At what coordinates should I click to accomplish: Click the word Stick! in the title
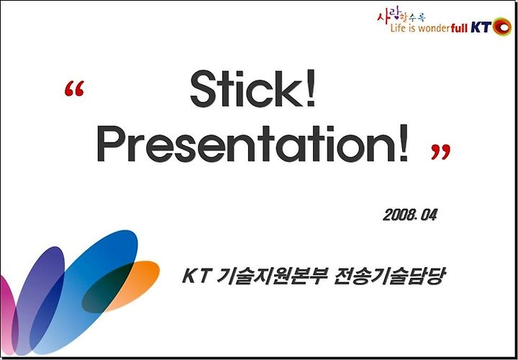click(253, 89)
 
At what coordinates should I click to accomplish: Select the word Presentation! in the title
click(253, 143)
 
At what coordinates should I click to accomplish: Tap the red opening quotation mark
click(74, 89)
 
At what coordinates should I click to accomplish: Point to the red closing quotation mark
click(441, 152)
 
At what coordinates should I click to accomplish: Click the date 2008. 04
click(410, 215)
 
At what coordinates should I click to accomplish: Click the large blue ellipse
click(84, 292)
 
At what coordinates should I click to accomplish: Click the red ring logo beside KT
click(502, 27)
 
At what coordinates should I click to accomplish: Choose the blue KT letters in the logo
click(481, 28)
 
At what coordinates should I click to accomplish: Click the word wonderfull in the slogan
click(442, 28)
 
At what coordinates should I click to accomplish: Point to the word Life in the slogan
click(397, 28)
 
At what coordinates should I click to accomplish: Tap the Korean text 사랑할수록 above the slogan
click(401, 16)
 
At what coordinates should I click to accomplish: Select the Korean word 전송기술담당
click(388, 277)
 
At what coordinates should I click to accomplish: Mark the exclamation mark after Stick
click(310, 89)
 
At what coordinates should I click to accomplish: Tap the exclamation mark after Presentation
click(403, 143)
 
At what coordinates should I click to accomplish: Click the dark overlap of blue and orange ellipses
click(107, 287)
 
